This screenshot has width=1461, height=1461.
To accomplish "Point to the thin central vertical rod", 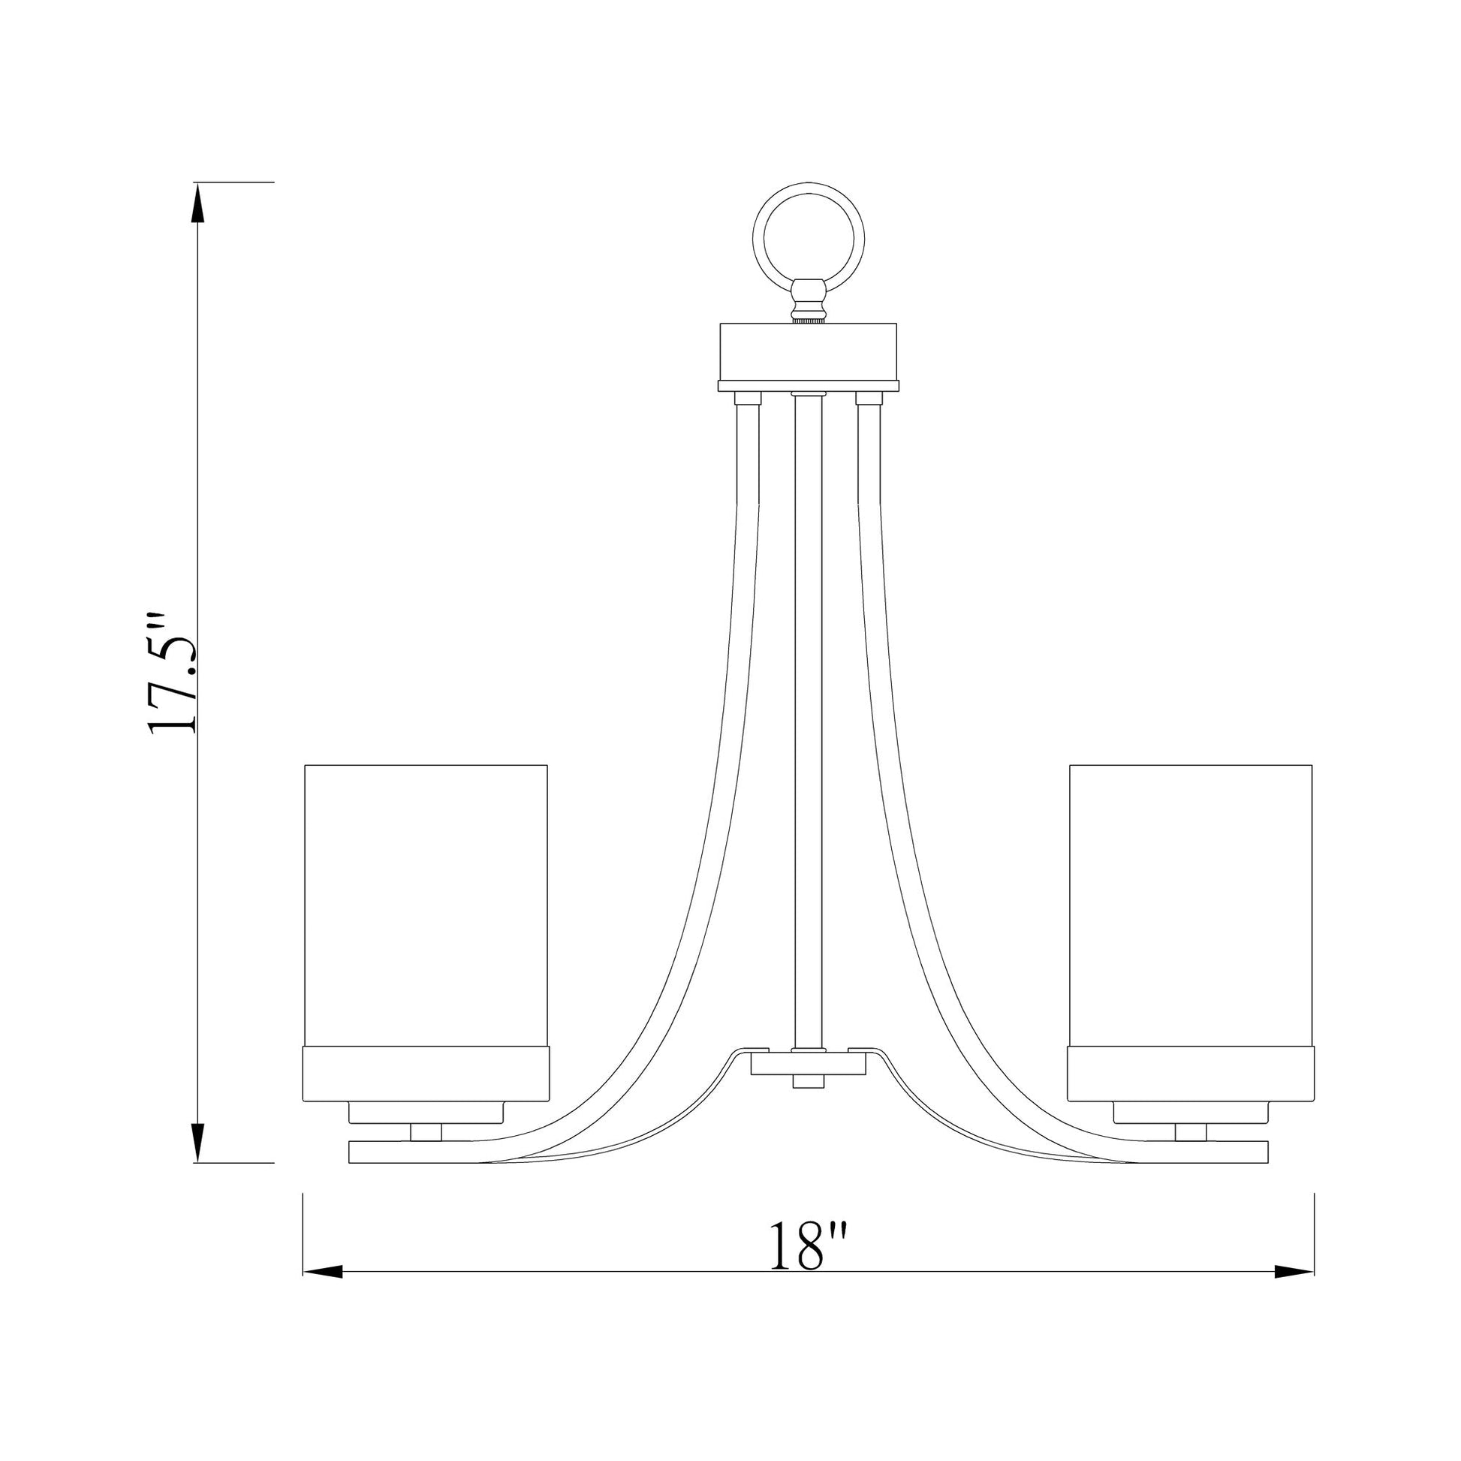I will click(x=809, y=718).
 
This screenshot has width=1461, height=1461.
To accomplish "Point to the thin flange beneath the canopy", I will click(x=809, y=386).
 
